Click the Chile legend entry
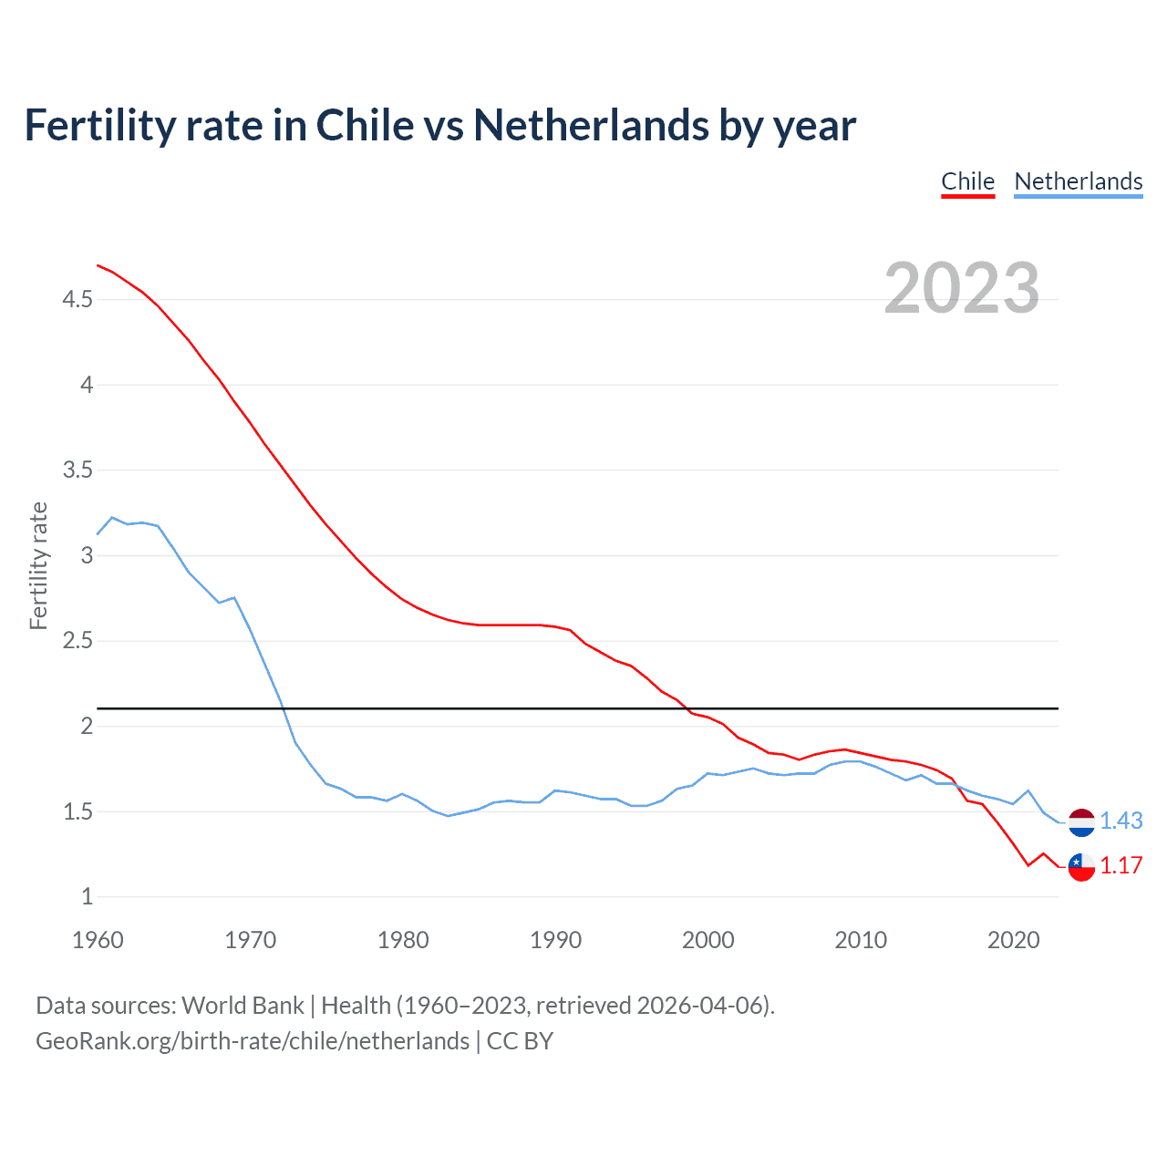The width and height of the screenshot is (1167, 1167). coord(967,181)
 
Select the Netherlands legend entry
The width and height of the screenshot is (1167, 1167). coord(1078,181)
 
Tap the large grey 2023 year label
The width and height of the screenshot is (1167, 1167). coord(961,288)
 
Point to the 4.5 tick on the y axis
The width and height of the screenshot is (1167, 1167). coord(77,299)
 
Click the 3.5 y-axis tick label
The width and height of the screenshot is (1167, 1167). coord(77,470)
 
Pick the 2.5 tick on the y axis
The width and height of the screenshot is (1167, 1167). coord(77,641)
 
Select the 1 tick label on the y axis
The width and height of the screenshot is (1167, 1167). coord(87,897)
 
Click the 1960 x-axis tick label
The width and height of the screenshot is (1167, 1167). coord(98,940)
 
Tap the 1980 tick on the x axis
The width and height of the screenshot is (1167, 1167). coord(403,940)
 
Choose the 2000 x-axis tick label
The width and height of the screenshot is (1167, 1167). coord(707,940)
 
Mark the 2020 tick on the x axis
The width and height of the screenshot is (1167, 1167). coord(1013,940)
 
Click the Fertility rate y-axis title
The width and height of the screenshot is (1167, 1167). coord(38,565)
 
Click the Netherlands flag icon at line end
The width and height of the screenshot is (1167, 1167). coord(1081,821)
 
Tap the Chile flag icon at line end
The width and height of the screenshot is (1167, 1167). coord(1081,866)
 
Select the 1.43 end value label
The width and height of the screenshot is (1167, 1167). coord(1121,821)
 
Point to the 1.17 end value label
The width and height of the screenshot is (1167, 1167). coord(1121,866)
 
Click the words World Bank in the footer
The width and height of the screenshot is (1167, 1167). coord(243,1006)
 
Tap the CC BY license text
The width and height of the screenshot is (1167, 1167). coord(520,1041)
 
